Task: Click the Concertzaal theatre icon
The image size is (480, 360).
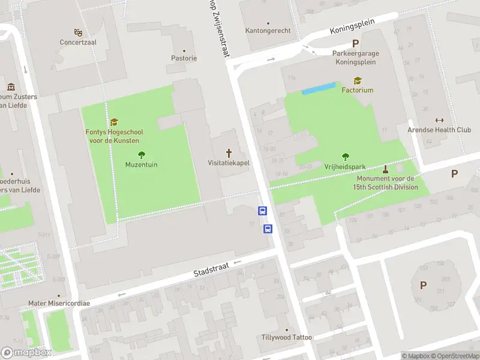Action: pos(78,32)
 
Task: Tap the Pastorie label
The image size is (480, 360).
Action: pos(184,58)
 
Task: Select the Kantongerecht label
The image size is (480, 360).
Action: pos(268,31)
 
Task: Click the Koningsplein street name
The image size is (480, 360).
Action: pos(352,26)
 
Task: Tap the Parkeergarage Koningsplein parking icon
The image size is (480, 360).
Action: pos(355,43)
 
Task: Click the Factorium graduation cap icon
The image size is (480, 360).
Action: pos(358,80)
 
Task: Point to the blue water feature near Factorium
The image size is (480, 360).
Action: pos(319,88)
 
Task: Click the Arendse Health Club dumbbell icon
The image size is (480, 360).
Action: pos(439,120)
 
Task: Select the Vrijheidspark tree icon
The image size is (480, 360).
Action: pos(345,157)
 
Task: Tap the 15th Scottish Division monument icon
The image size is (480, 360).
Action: pos(385,169)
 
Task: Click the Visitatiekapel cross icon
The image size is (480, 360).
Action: pos(228,152)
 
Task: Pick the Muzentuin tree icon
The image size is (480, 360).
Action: pos(142,154)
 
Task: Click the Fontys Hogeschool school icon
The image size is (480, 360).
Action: pos(114,122)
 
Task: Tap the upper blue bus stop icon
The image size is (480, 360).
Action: pos(263,211)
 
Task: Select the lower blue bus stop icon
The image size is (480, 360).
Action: pos(268,229)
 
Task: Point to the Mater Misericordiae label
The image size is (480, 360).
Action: pos(59,303)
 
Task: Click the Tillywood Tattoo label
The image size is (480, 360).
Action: pos(287,337)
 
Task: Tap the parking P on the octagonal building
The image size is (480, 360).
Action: pos(423,286)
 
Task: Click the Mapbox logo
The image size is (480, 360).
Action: pos(26,353)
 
